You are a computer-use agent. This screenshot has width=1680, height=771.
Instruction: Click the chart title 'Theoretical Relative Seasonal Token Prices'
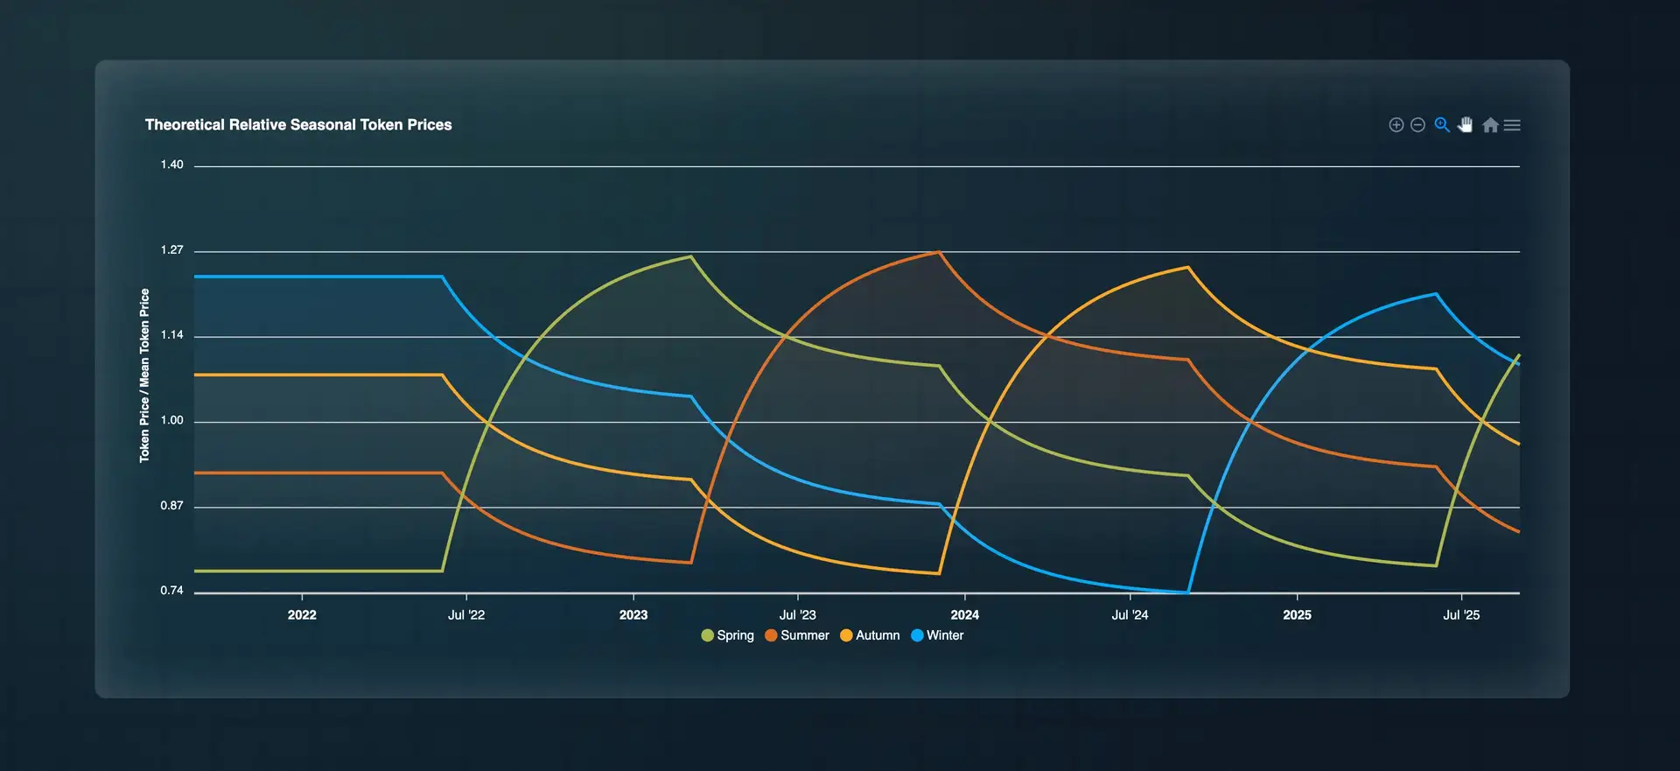tap(298, 125)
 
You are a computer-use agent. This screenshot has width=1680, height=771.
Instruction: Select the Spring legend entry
tap(728, 635)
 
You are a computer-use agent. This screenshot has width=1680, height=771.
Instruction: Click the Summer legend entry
tap(797, 635)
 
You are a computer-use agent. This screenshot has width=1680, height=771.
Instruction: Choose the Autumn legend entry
tap(870, 635)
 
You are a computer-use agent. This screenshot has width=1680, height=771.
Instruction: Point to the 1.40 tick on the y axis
tap(171, 165)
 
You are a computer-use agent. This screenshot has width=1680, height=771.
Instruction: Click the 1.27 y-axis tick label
tap(171, 250)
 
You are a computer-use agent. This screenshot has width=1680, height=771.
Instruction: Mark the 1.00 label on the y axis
tap(171, 421)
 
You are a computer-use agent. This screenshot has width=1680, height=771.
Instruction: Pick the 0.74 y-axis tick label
tap(171, 591)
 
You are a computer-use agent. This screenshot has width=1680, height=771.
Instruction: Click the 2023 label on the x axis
tap(633, 615)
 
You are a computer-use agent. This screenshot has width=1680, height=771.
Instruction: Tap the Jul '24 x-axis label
tap(1130, 615)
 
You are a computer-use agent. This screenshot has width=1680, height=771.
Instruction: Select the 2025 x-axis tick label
tap(1297, 615)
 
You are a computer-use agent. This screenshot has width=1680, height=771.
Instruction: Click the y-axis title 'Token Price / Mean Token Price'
tap(144, 375)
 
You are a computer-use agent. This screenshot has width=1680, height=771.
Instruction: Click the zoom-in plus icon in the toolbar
tap(1396, 125)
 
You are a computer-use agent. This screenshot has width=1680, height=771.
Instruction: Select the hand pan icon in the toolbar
tap(1466, 125)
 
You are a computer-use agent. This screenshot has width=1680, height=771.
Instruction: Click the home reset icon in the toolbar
tap(1490, 125)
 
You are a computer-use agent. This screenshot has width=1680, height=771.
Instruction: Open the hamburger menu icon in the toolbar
tap(1512, 125)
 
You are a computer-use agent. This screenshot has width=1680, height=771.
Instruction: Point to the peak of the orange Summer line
tap(939, 252)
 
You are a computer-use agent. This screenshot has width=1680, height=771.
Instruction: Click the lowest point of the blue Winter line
tap(1187, 592)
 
